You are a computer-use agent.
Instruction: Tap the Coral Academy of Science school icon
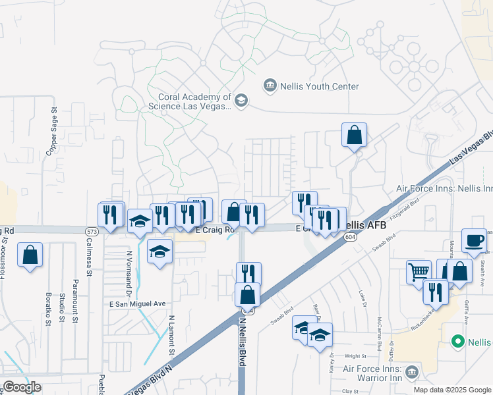tap(241, 101)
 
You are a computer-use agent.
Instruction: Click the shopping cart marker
tap(419, 271)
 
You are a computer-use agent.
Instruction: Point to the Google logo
tap(21, 387)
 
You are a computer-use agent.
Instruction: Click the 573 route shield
tap(92, 231)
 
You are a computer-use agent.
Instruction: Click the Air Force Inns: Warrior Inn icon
tap(412, 372)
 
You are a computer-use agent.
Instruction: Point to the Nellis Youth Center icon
tap(270, 86)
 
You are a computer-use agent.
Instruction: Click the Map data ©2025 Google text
tap(451, 389)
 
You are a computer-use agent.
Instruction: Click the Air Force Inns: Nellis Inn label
tap(443, 188)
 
